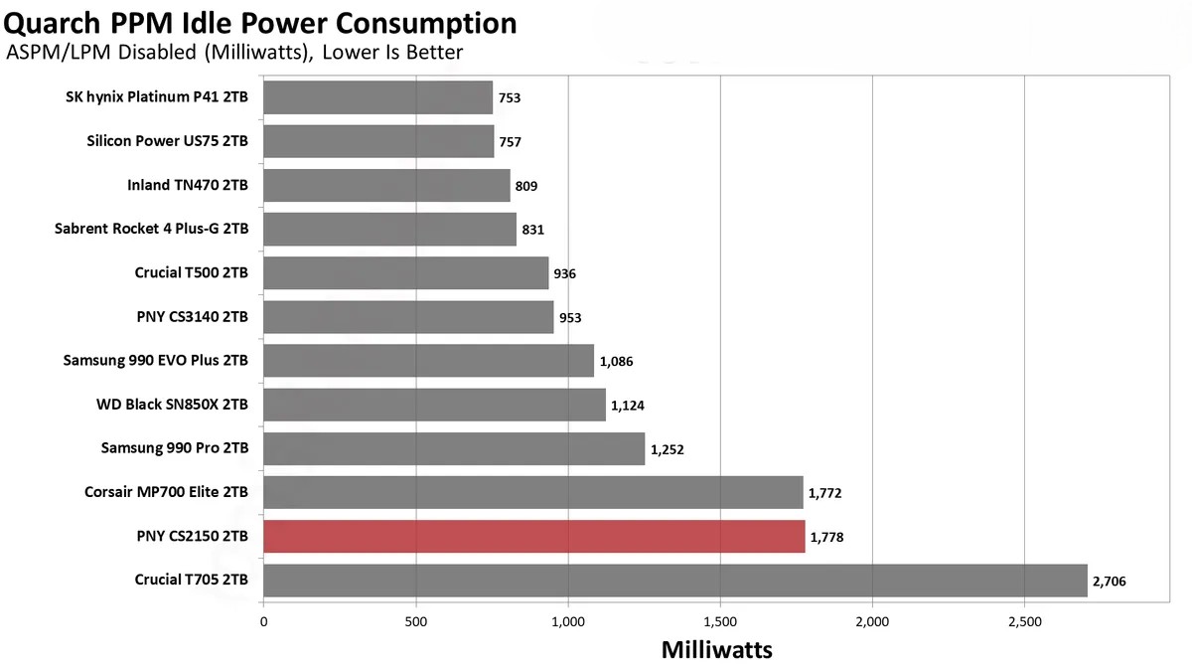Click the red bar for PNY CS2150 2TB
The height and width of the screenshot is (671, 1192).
[533, 537]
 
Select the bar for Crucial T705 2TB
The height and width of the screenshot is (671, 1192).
[674, 581]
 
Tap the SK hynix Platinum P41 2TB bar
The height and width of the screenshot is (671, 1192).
[377, 97]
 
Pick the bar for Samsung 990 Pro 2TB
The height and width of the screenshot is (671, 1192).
[454, 448]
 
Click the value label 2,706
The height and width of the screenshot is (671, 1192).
[1109, 581]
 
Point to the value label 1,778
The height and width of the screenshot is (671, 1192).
[827, 537]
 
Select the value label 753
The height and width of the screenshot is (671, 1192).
[510, 97]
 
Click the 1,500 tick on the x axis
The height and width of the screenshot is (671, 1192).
[720, 621]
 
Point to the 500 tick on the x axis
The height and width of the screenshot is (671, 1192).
[416, 621]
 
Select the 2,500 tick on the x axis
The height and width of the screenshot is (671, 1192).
[1024, 621]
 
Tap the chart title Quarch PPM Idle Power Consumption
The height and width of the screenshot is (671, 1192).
[261, 22]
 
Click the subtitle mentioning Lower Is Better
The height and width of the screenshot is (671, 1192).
[234, 53]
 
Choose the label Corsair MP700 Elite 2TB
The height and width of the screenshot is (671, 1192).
[166, 492]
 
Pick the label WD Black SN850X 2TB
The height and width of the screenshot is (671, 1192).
[176, 405]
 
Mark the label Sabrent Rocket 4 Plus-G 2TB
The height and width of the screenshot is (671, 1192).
[152, 229]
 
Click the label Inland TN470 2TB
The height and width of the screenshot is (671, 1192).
[188, 185]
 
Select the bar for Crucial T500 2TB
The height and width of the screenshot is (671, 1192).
[405, 272]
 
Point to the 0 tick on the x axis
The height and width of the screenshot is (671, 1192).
[263, 621]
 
